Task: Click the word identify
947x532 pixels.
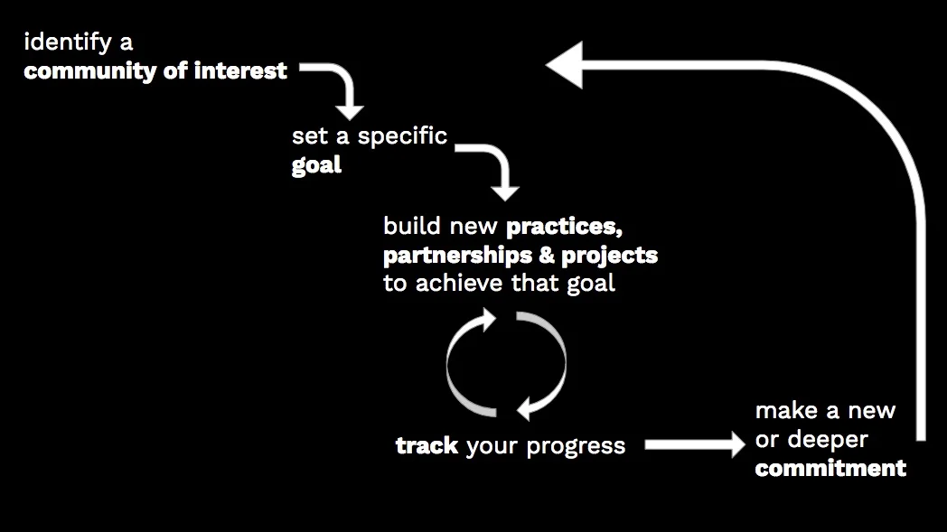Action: tap(66, 42)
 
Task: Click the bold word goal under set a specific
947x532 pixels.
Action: tap(316, 165)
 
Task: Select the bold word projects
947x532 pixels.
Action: tap(610, 255)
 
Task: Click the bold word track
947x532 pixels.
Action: tap(427, 446)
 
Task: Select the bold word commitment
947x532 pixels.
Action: tap(830, 468)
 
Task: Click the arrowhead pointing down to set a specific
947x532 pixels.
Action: tap(350, 109)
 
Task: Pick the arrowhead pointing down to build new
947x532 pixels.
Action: tap(505, 191)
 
